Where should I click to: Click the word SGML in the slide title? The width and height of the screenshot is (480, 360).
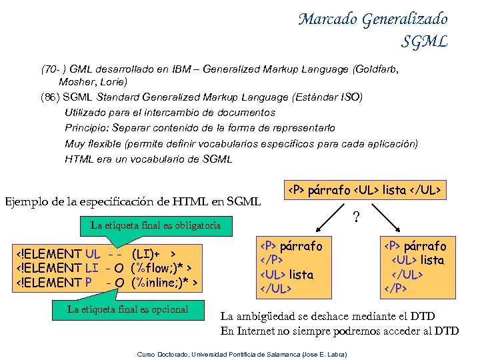[x=424, y=42]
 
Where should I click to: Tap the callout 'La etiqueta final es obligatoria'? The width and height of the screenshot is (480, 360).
[x=155, y=225]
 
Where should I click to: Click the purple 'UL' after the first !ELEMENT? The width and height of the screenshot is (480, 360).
[x=93, y=254]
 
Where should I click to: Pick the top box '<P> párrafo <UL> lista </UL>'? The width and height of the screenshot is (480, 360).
[x=365, y=190]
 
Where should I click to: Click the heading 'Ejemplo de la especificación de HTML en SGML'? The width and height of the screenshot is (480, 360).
[x=133, y=201]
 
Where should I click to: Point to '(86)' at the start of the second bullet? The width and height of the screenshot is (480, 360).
[x=49, y=97]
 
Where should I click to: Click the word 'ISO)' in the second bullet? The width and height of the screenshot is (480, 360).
[x=351, y=97]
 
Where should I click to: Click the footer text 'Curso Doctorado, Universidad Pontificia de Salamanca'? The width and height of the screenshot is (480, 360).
[x=220, y=353]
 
